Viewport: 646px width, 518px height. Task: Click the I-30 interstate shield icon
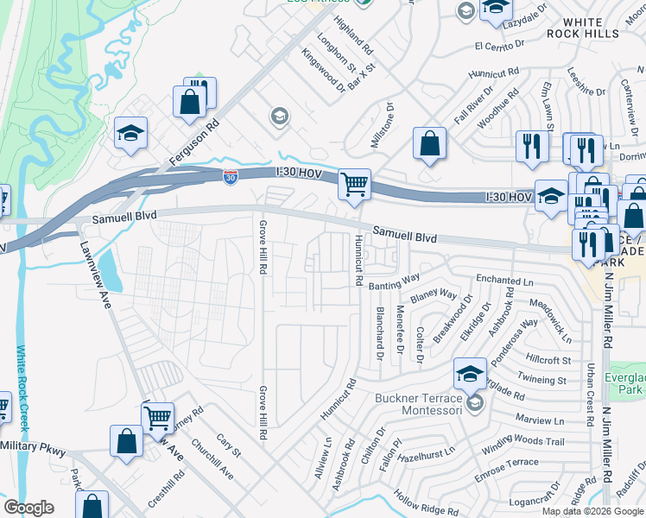(x=230, y=177)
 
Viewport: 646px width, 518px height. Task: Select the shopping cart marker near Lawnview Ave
(x=157, y=418)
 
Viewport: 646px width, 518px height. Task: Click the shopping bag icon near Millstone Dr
(x=429, y=143)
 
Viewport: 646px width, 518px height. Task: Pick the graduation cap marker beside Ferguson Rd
(x=130, y=133)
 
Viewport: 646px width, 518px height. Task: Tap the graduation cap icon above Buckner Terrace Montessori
(x=470, y=374)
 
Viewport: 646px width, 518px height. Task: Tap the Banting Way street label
(x=394, y=281)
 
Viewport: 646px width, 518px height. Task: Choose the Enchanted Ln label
(x=505, y=280)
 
